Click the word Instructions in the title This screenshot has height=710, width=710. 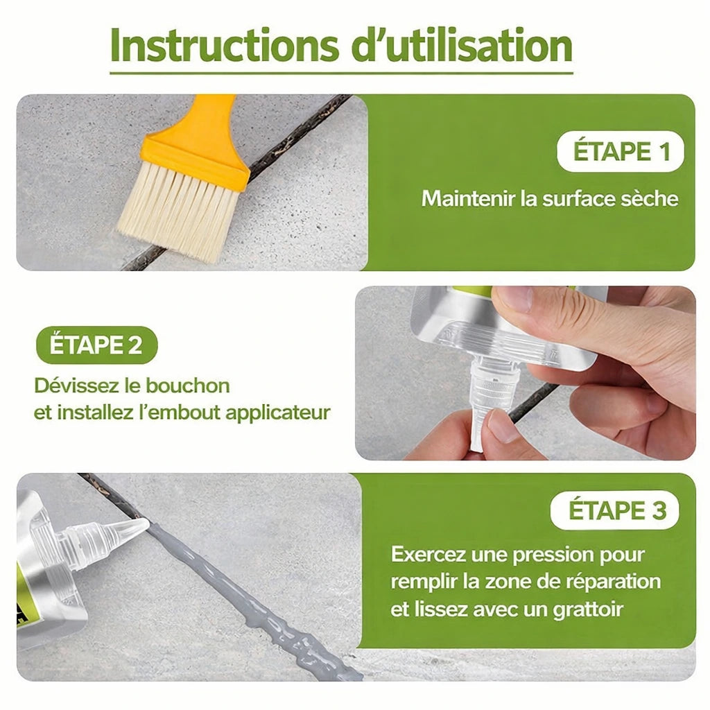(224, 46)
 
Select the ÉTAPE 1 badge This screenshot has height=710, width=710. (621, 151)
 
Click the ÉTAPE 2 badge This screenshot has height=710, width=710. (96, 345)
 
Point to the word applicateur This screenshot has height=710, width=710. (278, 414)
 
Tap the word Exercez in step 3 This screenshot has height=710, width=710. (428, 554)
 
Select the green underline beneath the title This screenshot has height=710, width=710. (341, 72)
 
